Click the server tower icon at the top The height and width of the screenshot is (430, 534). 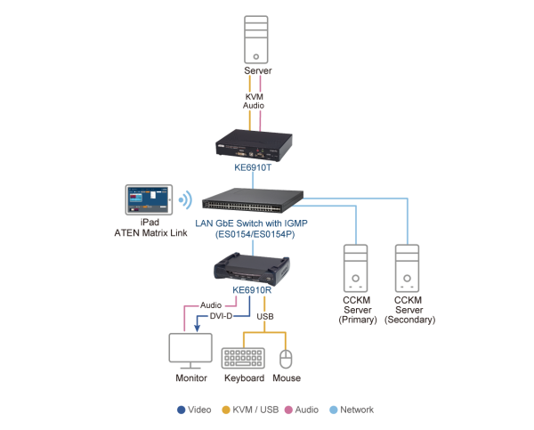coord(258,37)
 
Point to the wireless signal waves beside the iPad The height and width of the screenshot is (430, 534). coord(186,199)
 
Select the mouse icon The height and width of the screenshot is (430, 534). coord(286,358)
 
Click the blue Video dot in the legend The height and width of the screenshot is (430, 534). coord(182,410)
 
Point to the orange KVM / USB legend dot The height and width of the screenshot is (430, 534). coord(227,410)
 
